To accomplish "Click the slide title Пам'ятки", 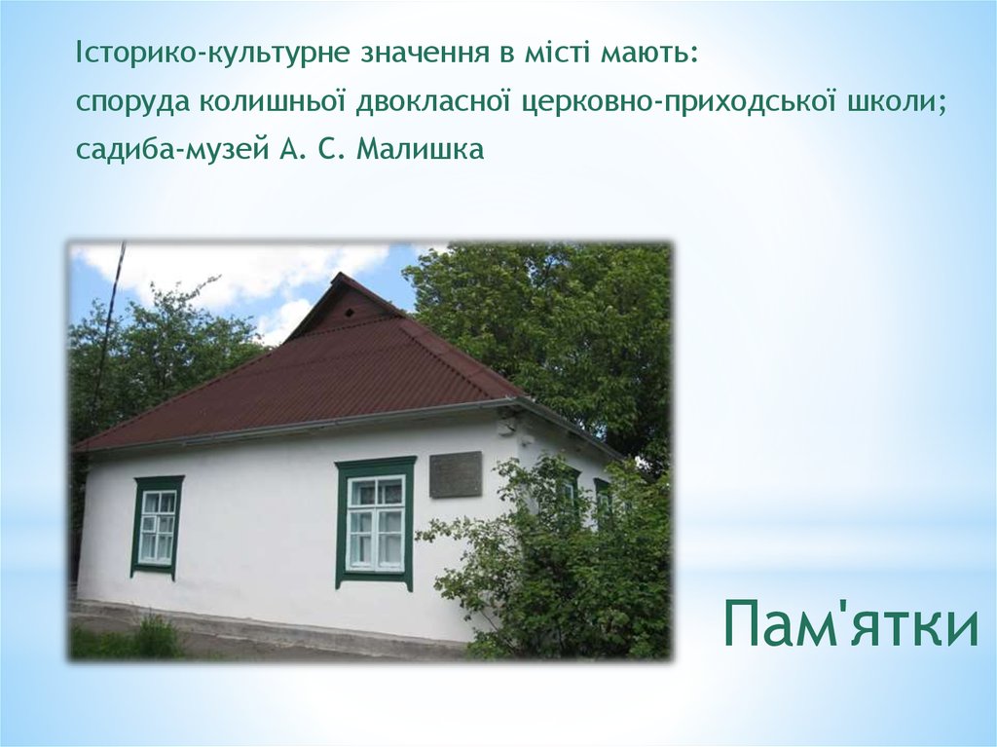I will [851, 623].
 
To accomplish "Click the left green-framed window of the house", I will [157, 526].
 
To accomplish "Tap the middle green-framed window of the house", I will [375, 522].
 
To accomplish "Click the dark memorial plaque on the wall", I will [456, 474].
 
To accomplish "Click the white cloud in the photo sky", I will [243, 268].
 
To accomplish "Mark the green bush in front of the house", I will [555, 575].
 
